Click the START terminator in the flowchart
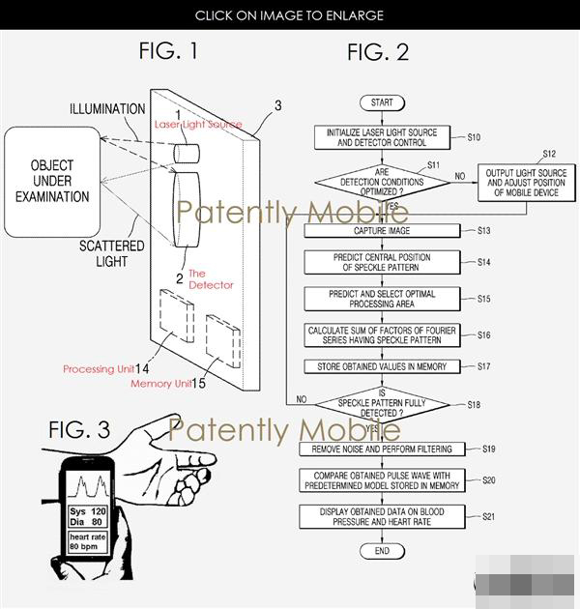[x=382, y=102]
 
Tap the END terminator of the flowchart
[x=382, y=551]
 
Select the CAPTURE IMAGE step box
[x=382, y=231]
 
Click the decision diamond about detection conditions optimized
[x=382, y=182]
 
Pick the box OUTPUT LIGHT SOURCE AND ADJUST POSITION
[x=527, y=183]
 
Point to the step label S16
[x=484, y=334]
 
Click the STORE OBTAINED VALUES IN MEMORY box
[x=382, y=366]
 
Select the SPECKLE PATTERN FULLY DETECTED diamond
[x=382, y=404]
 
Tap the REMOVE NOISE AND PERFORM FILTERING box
[x=382, y=449]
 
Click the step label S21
[x=489, y=516]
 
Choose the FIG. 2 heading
[x=378, y=52]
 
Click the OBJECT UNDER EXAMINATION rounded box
[x=52, y=182]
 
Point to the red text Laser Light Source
[x=198, y=125]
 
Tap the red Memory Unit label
[x=161, y=384]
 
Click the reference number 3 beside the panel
[x=278, y=105]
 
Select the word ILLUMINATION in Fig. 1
[x=107, y=108]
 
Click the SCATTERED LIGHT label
[x=112, y=253]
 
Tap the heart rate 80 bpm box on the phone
[x=87, y=541]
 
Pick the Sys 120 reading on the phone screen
[x=87, y=511]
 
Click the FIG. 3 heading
[x=79, y=430]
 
